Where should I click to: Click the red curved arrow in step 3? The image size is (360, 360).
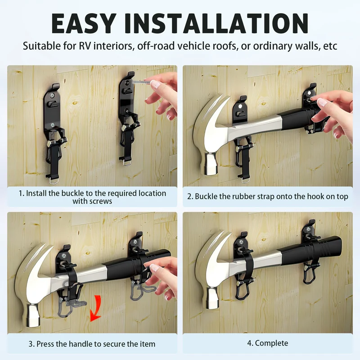pyautogui.click(x=96, y=308)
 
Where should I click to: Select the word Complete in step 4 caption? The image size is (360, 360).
pyautogui.click(x=271, y=343)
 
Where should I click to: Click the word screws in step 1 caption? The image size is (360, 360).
pyautogui.click(x=92, y=201)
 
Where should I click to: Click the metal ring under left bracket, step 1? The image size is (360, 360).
pyautogui.click(x=54, y=181)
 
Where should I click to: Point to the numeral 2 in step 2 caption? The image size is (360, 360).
pyautogui.click(x=189, y=197)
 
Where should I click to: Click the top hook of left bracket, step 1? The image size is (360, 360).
pyautogui.click(x=56, y=86)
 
